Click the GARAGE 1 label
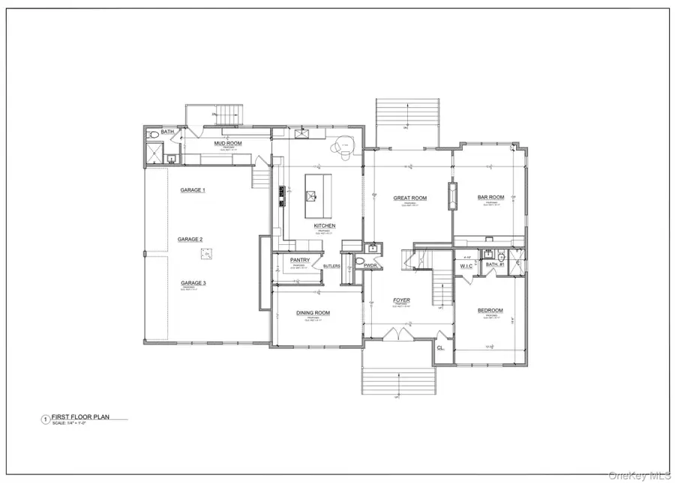tap(193, 190)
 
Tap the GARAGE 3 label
tap(193, 283)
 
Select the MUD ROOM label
tap(227, 142)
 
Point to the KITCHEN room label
tap(325, 225)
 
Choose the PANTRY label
tap(290, 261)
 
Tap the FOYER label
tap(401, 300)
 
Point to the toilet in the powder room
tap(359, 262)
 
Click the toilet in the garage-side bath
tap(154, 135)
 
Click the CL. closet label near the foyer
tap(441, 347)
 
